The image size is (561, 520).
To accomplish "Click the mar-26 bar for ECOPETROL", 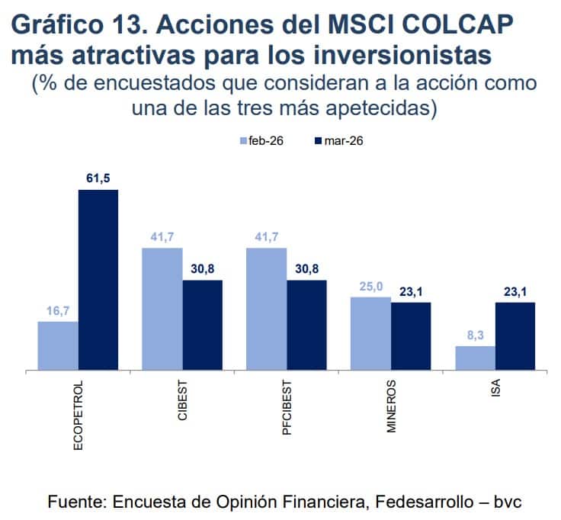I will (x=98, y=280).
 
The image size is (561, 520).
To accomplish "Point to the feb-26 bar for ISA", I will (x=475, y=358).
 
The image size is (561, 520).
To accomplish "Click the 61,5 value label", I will (x=98, y=179).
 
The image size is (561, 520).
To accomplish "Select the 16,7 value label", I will (x=58, y=311).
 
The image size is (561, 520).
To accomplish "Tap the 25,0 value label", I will (x=370, y=287).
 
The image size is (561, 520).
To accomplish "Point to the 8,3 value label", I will (x=475, y=335).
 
